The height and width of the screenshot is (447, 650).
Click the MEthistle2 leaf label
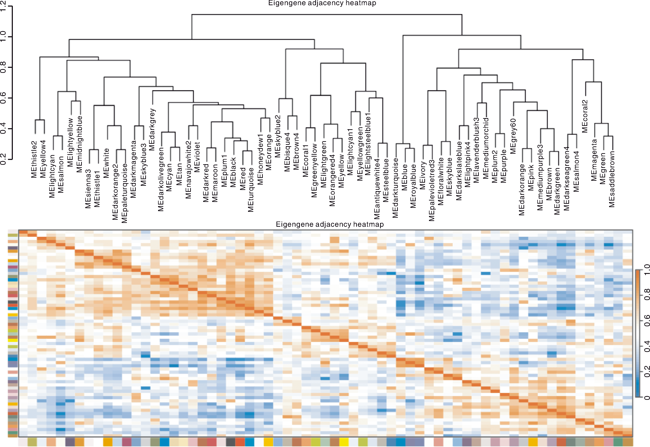pyautogui.click(x=34, y=159)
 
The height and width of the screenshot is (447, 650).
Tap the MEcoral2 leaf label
pyautogui.click(x=585, y=116)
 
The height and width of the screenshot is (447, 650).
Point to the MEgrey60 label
pyautogui.click(x=513, y=136)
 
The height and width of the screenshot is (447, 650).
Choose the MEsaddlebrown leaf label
pyautogui.click(x=612, y=179)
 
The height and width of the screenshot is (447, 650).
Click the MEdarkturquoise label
pyautogui.click(x=395, y=188)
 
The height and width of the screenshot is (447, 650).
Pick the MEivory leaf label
pyautogui.click(x=423, y=175)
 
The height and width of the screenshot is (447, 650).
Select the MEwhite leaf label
pyautogui.click(x=106, y=163)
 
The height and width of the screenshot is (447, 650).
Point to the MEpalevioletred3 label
pyautogui.click(x=432, y=190)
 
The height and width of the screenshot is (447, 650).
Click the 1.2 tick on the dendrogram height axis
pyautogui.click(x=3, y=6)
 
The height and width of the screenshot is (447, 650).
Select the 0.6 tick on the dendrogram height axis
pyautogui.click(x=3, y=98)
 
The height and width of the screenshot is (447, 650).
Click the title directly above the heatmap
pyautogui.click(x=330, y=224)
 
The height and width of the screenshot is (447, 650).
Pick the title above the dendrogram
pyautogui.click(x=322, y=3)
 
